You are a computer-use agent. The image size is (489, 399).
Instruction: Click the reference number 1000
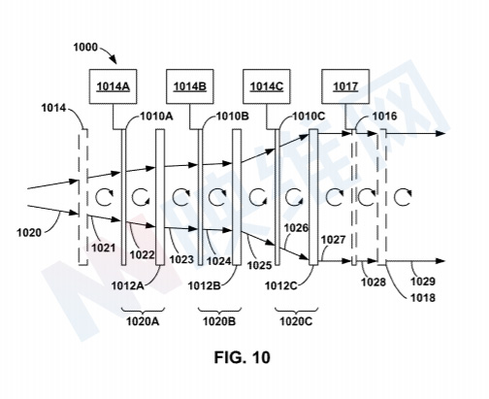pos(85,48)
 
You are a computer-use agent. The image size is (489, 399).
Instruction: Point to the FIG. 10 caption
pos(242,357)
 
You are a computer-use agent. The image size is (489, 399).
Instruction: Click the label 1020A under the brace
pos(143,321)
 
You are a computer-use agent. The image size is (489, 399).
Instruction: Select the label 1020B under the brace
pos(219,321)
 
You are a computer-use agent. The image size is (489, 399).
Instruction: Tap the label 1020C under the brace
pos(296,321)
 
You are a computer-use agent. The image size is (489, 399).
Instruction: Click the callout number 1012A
pos(127,285)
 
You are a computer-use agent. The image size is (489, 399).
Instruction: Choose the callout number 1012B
pos(205,285)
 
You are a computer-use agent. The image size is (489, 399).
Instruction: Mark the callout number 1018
pos(423,297)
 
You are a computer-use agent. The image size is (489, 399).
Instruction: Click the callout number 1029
pos(423,282)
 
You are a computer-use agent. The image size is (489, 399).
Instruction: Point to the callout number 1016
pos(384,116)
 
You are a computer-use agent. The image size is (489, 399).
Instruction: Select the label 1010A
pos(156,116)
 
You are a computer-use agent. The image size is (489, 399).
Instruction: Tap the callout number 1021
pos(104,248)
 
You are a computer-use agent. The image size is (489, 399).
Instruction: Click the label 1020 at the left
pos(29,232)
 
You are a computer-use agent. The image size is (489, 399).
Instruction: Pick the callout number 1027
pos(334,240)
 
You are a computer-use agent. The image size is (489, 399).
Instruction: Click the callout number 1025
pos(260,265)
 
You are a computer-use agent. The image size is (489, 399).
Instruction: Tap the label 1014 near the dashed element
pos(53,108)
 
